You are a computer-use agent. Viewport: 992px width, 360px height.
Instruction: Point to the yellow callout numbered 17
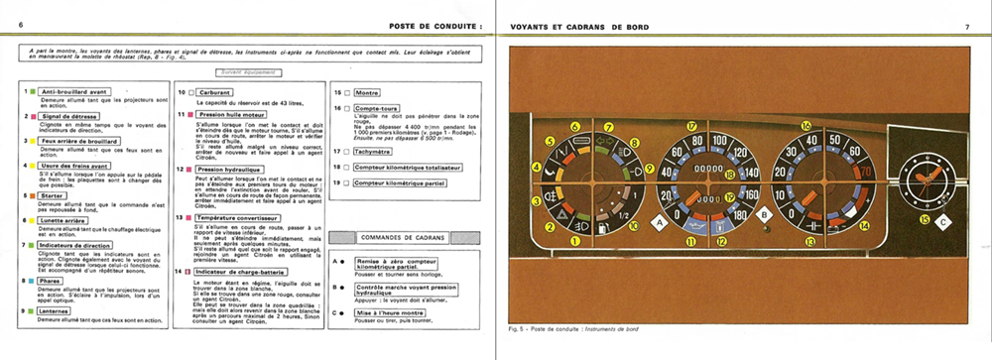point(692,126)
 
